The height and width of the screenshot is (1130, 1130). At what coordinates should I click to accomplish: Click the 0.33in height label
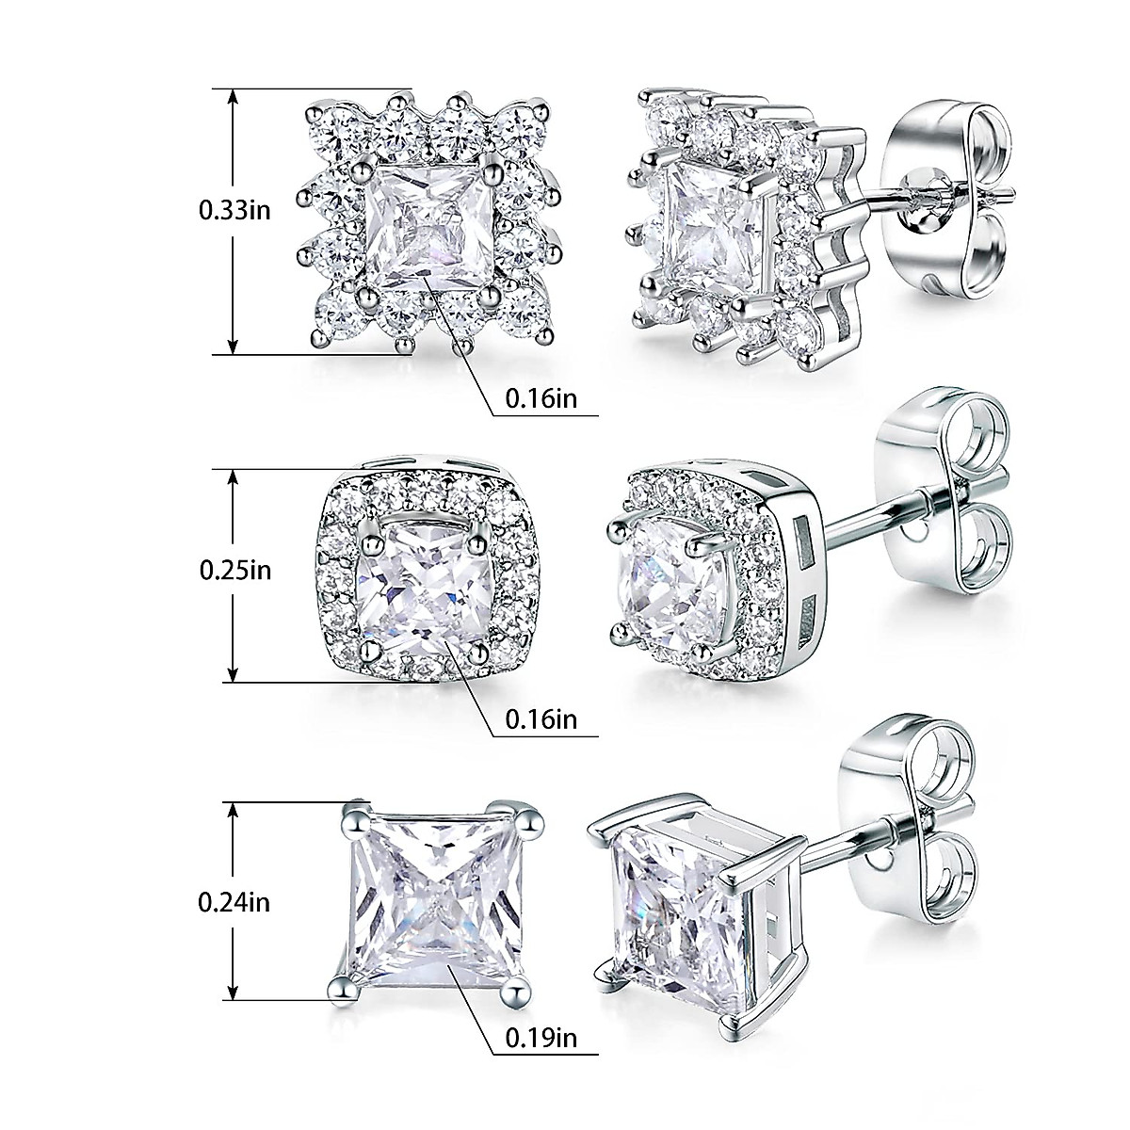(x=234, y=209)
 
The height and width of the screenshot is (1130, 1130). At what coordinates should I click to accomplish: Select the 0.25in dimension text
(x=234, y=570)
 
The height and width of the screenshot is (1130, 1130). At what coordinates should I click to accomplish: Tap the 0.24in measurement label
(x=234, y=902)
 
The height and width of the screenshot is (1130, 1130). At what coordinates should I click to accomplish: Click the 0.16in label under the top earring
(x=541, y=398)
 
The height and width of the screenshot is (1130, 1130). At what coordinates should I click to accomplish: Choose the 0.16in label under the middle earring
(x=541, y=720)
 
